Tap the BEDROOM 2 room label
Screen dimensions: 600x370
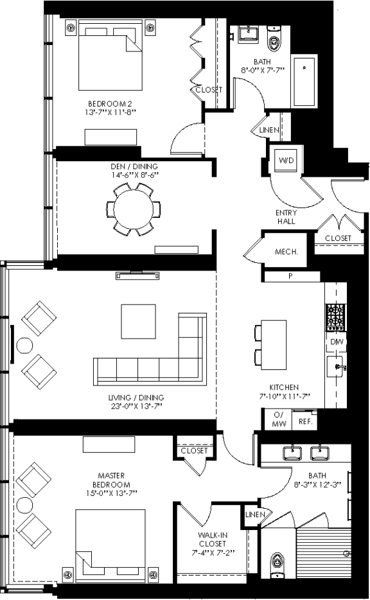coord(112,103)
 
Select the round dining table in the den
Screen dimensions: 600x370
coord(134,209)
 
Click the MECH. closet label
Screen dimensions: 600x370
coord(286,252)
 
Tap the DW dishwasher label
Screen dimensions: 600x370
coord(336,342)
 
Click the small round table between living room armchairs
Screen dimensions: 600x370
coord(24,346)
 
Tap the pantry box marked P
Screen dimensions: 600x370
coord(291,276)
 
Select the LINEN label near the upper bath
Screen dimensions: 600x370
coord(269,130)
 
